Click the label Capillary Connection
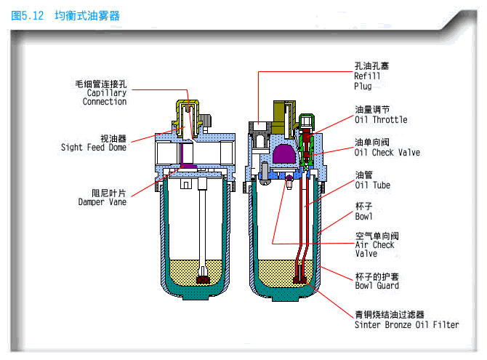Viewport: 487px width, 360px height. pos(105,97)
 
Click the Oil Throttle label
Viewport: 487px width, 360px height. pos(380,119)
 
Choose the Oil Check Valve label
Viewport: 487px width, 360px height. pos(387,153)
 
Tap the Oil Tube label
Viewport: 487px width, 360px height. pos(372,185)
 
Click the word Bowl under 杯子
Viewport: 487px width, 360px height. pos(364,217)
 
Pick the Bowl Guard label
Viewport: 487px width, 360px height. pos(376,286)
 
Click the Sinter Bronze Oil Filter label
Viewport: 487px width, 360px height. pos(406,324)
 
